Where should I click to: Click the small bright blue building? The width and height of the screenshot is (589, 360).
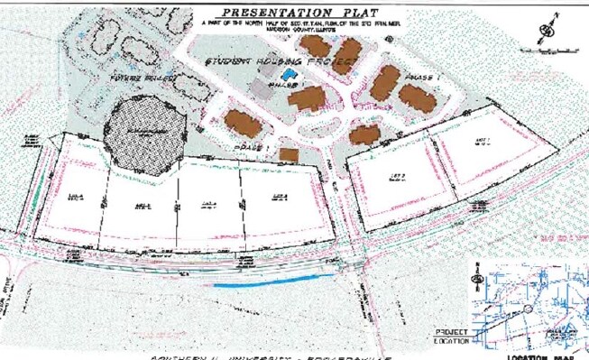pyautogui.click(x=288, y=74)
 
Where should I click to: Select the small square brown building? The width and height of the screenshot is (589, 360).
pyautogui.click(x=289, y=154)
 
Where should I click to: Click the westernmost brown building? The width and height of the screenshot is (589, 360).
pyautogui.click(x=242, y=122)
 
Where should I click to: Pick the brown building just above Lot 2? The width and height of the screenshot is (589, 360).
pyautogui.click(x=364, y=135)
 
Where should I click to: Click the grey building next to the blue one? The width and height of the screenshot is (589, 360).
pyautogui.click(x=262, y=88)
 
